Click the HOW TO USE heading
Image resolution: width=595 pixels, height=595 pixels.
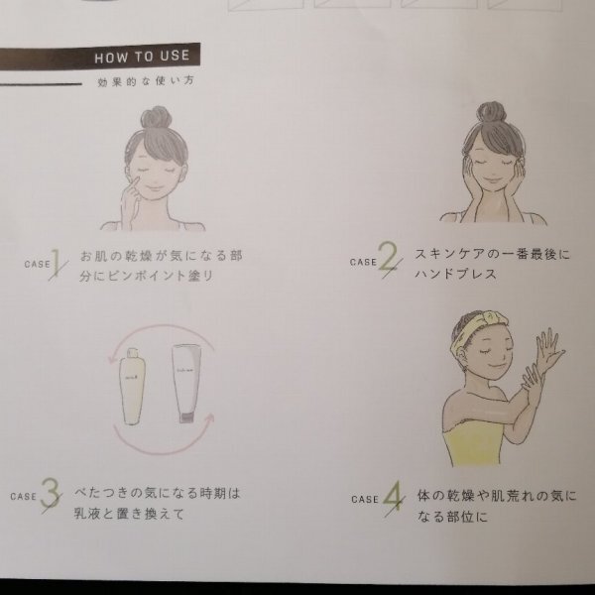(142, 57)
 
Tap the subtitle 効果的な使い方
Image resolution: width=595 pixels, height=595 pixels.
(146, 81)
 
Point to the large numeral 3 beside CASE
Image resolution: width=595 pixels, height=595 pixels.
(51, 493)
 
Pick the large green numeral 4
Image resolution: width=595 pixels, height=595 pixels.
(393, 497)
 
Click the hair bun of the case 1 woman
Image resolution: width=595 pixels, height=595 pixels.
(156, 117)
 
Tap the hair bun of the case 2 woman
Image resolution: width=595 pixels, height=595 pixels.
(492, 113)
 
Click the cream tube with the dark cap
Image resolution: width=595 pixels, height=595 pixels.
(186, 383)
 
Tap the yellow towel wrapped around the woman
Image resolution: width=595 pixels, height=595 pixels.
(474, 442)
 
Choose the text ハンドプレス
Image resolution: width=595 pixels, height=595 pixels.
(455, 274)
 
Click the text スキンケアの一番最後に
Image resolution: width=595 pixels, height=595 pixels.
(492, 254)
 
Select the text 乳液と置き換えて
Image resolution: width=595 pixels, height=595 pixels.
(129, 514)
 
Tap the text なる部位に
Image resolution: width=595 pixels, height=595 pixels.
(452, 516)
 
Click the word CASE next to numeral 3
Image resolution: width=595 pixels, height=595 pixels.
(24, 497)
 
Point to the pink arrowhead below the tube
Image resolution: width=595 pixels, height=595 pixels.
(209, 418)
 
